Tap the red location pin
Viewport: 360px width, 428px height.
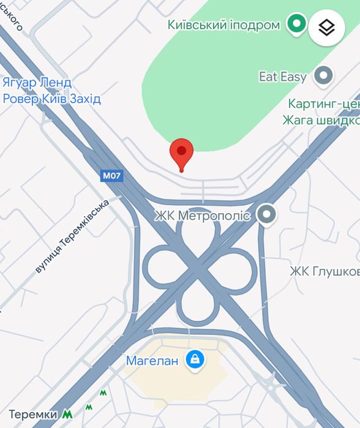click(x=181, y=151)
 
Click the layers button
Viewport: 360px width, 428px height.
click(x=327, y=28)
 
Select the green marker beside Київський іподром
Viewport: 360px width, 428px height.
click(x=298, y=24)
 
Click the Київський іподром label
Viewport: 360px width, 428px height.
click(x=223, y=25)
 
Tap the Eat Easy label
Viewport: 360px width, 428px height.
click(x=283, y=77)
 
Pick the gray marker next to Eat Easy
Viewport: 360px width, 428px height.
click(x=323, y=77)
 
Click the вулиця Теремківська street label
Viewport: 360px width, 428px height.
click(x=72, y=235)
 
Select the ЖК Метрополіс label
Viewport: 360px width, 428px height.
click(x=202, y=216)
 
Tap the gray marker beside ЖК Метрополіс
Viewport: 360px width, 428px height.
click(x=266, y=214)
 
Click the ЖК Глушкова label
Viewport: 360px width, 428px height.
click(x=324, y=271)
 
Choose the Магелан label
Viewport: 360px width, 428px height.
click(x=152, y=361)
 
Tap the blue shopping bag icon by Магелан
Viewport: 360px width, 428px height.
click(x=195, y=361)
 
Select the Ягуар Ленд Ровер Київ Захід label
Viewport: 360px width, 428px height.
click(x=51, y=91)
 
